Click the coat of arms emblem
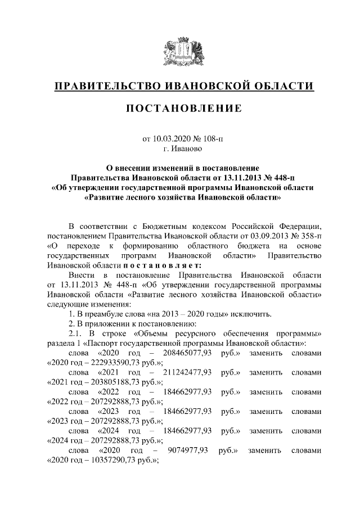point(180,50)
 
